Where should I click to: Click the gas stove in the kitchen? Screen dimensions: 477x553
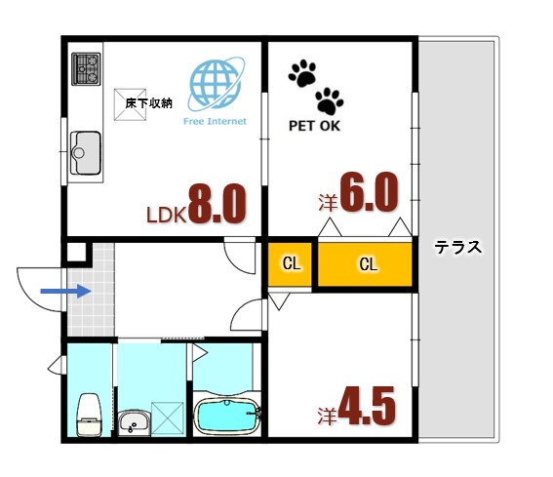86,69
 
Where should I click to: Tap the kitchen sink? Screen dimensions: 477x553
86,152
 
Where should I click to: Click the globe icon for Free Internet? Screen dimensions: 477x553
215,85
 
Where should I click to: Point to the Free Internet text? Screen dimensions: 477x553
215,122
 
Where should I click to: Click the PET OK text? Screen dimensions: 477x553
315,126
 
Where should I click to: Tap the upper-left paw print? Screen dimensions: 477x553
303,73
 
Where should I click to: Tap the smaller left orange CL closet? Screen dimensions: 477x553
292,263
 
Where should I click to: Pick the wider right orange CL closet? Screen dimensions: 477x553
367,263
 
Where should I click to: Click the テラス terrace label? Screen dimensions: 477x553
458,247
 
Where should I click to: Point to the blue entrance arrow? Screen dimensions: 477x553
64,290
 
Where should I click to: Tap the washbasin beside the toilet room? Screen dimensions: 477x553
133,421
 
